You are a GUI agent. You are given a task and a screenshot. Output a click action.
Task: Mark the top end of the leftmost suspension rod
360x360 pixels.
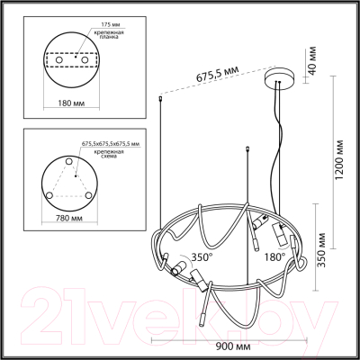coord(159,97)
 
